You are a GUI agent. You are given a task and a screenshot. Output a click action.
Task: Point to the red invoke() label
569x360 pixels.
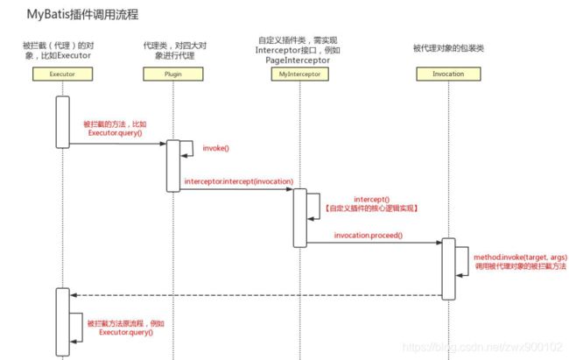(x=215, y=149)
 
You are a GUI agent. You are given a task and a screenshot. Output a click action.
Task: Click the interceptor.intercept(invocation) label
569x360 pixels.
(x=238, y=180)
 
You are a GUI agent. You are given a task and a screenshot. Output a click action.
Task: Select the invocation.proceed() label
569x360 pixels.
(x=368, y=235)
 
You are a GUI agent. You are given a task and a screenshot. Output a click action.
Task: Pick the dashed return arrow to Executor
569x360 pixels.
(x=254, y=294)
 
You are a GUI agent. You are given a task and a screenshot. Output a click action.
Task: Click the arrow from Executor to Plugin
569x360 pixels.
(x=118, y=144)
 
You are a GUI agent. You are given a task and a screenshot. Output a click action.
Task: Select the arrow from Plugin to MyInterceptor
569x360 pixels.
(x=236, y=188)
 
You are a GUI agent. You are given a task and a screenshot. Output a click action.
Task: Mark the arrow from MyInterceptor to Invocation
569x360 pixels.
(x=372, y=243)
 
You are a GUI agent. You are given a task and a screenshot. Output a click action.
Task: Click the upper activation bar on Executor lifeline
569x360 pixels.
(x=62, y=122)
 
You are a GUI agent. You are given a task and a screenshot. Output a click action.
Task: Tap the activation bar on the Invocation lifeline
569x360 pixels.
(x=447, y=268)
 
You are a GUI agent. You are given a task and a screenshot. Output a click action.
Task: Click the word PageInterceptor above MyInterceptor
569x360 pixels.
(x=298, y=60)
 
